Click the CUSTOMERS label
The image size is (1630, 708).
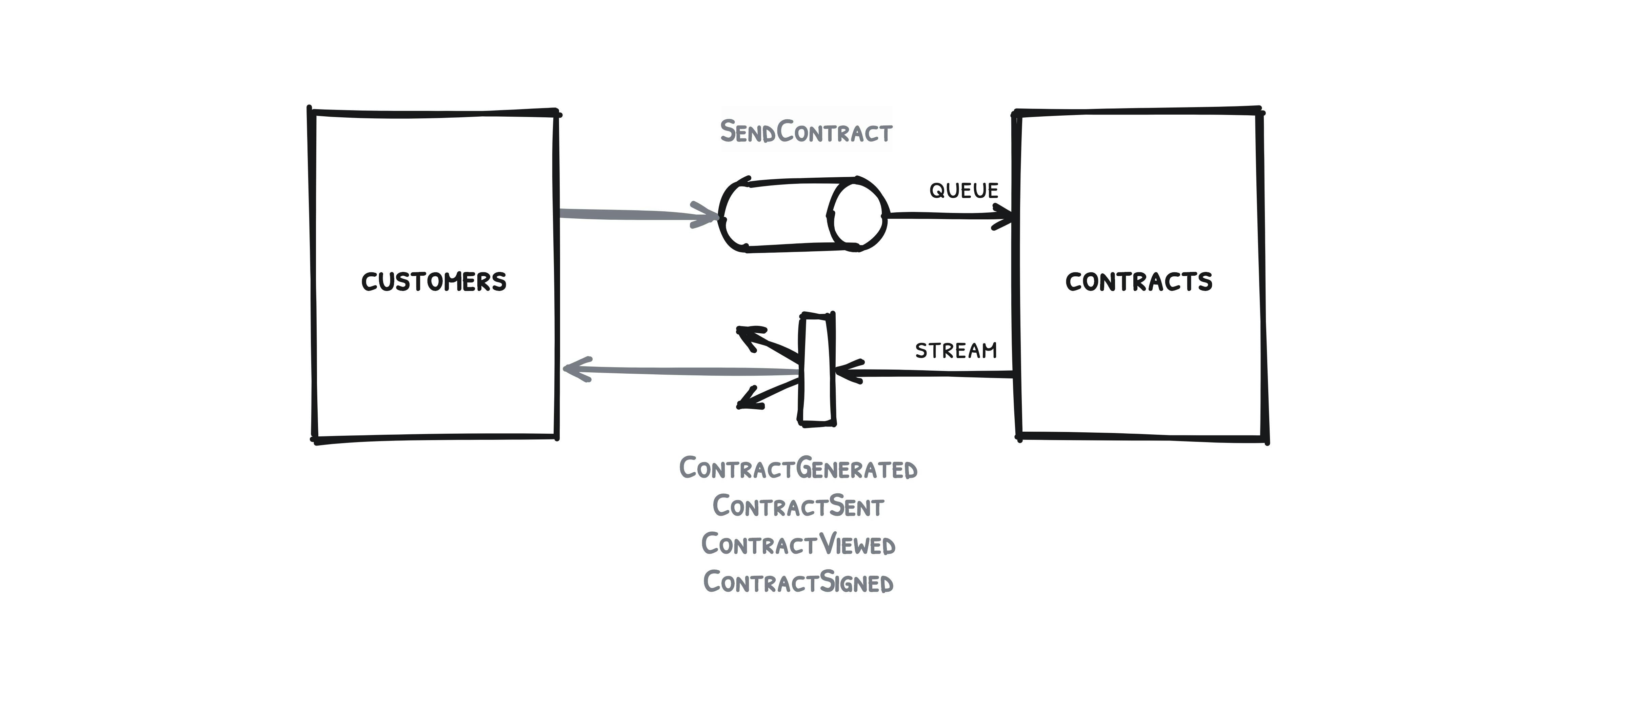click(x=434, y=281)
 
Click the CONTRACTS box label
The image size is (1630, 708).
click(x=1138, y=281)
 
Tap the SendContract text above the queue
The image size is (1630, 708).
click(x=806, y=132)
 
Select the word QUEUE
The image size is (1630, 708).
click(x=963, y=191)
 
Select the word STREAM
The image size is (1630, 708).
click(x=955, y=351)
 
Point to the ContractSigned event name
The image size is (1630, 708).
click(x=798, y=582)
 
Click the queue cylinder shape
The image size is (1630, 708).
click(x=784, y=215)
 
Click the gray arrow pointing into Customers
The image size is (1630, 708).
click(x=677, y=371)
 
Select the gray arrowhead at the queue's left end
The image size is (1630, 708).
click(x=705, y=215)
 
